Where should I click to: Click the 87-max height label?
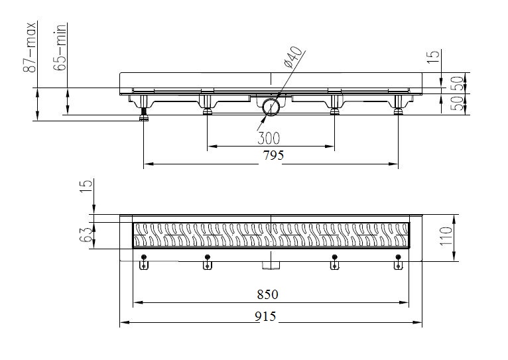tap(29, 47)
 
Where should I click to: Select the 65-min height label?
tap(60, 47)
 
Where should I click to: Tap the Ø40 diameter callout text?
tap(293, 57)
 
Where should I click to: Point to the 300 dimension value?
tap(269, 139)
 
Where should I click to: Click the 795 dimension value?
tap(273, 155)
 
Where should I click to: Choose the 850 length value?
tap(268, 294)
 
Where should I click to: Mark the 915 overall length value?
tap(265, 316)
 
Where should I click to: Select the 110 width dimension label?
tap(446, 236)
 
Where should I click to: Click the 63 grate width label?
tap(86, 235)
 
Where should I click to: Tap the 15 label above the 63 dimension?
tap(86, 186)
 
